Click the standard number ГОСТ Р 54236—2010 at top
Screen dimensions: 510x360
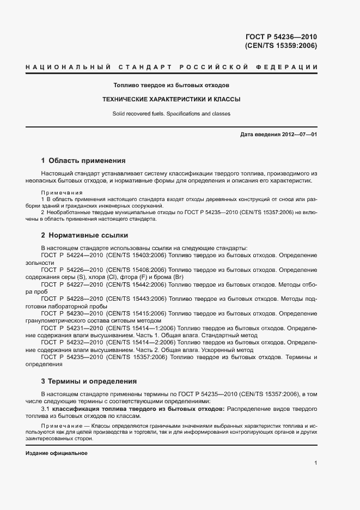pos(281,37)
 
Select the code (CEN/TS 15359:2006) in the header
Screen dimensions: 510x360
pos(281,46)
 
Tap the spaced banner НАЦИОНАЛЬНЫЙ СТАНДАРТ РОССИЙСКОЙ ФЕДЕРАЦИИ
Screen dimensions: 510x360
pos(171,67)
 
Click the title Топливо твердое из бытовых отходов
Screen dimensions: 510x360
pos(171,86)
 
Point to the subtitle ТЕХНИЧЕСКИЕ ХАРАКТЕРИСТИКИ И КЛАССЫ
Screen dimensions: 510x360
pos(171,100)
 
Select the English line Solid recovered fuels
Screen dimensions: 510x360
pos(171,114)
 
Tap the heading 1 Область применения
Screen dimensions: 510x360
pos(83,161)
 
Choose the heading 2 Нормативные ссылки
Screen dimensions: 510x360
pos(84,235)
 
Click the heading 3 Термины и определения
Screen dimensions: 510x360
pos(89,381)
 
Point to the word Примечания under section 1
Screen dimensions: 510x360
pos(62,193)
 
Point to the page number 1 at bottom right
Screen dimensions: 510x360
pos(316,463)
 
